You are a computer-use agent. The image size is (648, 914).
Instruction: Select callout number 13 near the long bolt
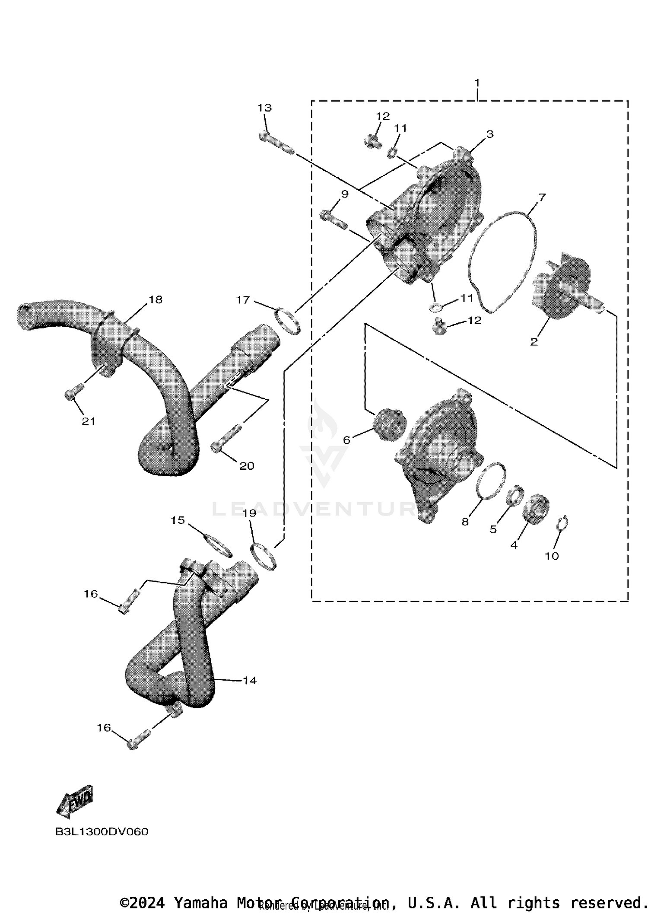[264, 108]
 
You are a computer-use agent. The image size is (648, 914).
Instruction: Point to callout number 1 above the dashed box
[477, 82]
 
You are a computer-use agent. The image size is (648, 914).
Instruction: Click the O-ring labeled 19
[263, 557]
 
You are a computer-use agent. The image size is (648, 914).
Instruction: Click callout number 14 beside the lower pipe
[250, 680]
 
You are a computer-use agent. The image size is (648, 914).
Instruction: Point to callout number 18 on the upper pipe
[155, 299]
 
